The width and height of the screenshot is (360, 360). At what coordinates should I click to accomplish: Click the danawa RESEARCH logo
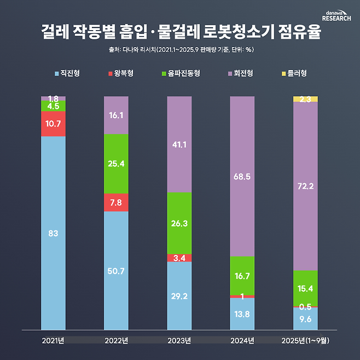pos(336,16)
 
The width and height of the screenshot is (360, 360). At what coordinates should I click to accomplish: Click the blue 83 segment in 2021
pos(53,233)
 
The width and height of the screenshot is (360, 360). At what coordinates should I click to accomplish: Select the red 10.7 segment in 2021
pos(53,124)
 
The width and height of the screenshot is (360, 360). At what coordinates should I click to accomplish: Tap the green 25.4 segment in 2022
pos(116,163)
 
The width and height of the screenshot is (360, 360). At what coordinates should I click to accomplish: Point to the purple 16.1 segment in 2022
pos(116,115)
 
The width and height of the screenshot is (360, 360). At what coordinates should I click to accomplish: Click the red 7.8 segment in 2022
pos(116,202)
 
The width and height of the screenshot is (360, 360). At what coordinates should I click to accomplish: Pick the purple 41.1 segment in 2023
pos(179,145)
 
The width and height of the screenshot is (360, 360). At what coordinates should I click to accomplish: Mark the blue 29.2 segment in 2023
pos(179,295)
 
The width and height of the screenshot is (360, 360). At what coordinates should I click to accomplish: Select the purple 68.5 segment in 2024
pos(242,177)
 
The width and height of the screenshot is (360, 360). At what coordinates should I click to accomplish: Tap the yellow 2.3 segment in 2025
pos(305,99)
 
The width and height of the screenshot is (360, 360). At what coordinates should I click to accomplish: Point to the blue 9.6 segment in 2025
pos(305,319)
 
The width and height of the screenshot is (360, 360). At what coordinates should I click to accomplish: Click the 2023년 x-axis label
pos(179,341)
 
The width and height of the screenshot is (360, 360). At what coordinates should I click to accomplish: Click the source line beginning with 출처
pos(181,50)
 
